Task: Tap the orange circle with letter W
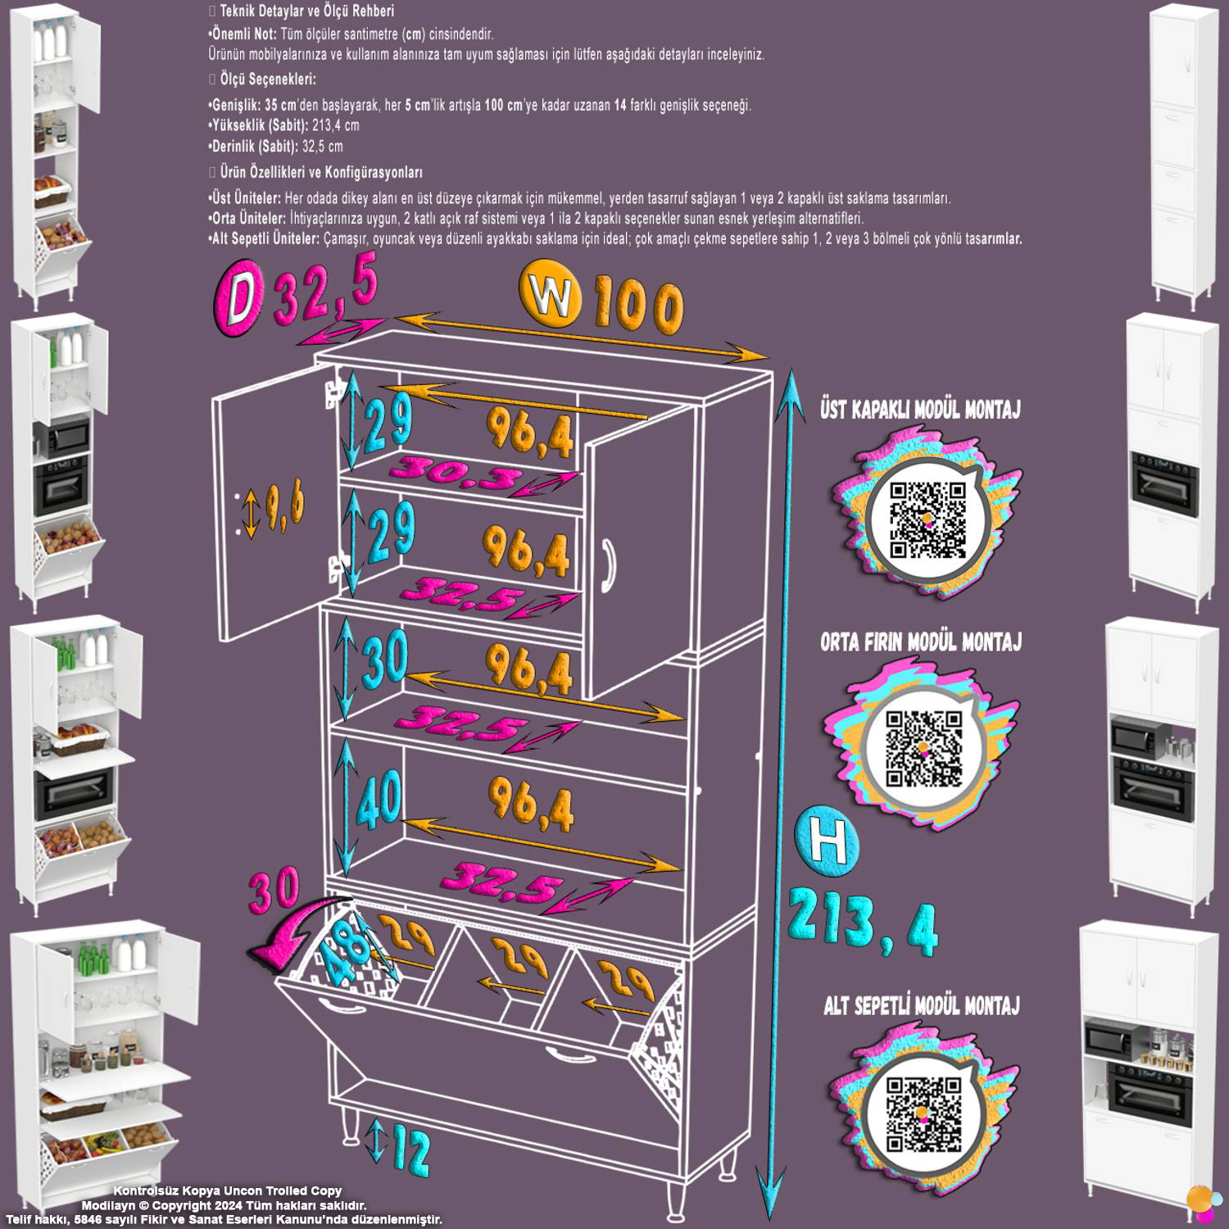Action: pos(551,295)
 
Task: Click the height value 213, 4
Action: pos(864,920)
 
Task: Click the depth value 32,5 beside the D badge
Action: pos(325,288)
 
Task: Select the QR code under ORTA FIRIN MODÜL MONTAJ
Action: pos(923,749)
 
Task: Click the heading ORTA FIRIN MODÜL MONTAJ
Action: pos(921,642)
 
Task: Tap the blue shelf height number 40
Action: pos(379,798)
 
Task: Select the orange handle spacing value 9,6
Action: pos(286,504)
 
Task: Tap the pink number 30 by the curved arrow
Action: pos(274,891)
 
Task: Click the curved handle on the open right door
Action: pos(606,564)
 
